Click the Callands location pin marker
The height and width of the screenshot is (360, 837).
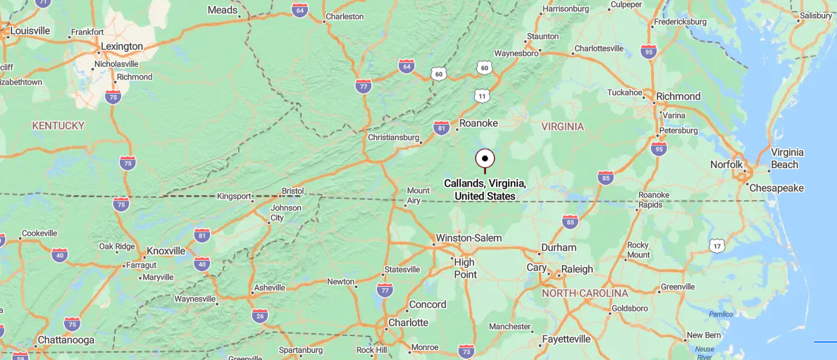(485, 159)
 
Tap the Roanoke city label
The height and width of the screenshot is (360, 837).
(478, 123)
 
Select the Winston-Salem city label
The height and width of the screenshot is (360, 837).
(469, 238)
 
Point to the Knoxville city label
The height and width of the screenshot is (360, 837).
(166, 251)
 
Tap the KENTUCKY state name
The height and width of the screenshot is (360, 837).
(58, 125)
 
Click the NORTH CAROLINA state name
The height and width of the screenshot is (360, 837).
(585, 293)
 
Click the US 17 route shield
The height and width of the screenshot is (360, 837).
(717, 245)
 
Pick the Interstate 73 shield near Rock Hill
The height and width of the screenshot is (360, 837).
(466, 351)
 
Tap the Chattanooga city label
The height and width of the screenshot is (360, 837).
(66, 340)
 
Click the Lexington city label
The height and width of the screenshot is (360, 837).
(122, 46)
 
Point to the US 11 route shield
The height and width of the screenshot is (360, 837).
(482, 95)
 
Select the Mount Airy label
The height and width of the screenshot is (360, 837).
(418, 196)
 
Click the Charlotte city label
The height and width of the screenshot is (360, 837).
(409, 323)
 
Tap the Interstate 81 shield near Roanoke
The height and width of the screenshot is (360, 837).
(441, 128)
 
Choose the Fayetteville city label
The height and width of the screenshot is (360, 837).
(566, 339)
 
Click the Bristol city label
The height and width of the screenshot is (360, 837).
(292, 191)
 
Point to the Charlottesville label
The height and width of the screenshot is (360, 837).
(599, 49)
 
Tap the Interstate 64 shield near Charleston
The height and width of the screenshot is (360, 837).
(299, 10)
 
